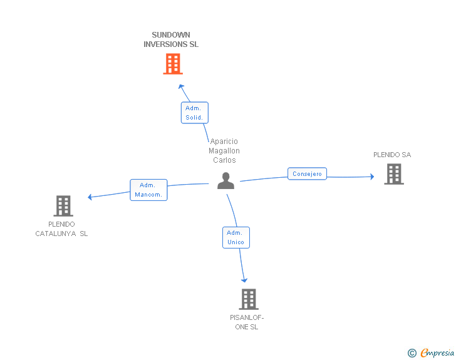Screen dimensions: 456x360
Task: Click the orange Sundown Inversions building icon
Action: [x=173, y=64]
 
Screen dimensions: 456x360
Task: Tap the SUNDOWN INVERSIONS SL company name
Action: [x=171, y=39]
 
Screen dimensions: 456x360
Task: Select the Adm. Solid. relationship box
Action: [x=195, y=113]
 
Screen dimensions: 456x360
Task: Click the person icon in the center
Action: [x=225, y=180]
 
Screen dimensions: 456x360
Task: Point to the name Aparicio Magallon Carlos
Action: [x=224, y=151]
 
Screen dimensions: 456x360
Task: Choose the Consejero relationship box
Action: [x=307, y=173]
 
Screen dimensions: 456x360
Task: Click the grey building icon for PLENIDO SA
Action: [x=394, y=174]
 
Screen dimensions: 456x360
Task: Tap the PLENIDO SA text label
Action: [x=392, y=155]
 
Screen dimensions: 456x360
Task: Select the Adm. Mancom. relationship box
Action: [x=148, y=190]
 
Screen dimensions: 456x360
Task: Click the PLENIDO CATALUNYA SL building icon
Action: [x=63, y=206]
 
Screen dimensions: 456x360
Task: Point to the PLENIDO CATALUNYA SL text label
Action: [x=61, y=229]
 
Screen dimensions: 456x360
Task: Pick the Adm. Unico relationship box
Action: [x=236, y=237]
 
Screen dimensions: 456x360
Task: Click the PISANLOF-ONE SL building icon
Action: [x=249, y=299]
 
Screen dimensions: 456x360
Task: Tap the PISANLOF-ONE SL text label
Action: [x=247, y=322]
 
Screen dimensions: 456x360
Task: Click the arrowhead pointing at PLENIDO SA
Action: [x=372, y=177]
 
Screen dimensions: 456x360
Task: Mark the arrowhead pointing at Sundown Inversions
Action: [x=181, y=86]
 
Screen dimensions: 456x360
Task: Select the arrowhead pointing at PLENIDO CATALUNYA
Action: [x=90, y=197]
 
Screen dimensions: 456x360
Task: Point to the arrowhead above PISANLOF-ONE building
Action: [x=244, y=280]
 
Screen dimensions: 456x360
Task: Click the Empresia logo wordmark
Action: [x=437, y=352]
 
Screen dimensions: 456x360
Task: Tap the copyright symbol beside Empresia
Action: [x=412, y=353]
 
